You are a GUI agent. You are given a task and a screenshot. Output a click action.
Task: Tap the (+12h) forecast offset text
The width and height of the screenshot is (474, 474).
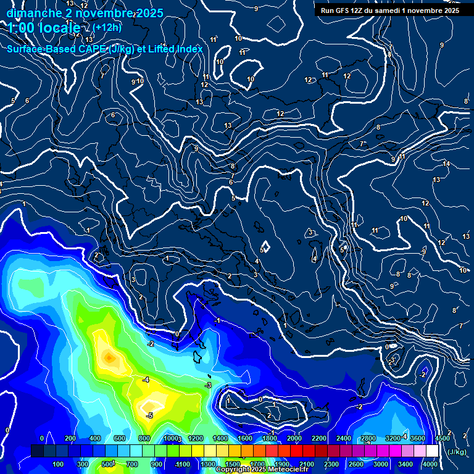click(107, 27)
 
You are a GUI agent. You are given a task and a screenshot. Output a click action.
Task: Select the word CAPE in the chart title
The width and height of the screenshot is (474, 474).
click(92, 49)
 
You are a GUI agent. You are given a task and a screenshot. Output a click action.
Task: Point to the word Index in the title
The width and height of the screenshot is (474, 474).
click(189, 49)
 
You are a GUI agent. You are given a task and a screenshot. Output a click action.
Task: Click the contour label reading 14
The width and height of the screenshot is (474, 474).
click(446, 164)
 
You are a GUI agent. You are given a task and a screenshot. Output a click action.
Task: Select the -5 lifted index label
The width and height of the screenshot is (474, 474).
click(149, 415)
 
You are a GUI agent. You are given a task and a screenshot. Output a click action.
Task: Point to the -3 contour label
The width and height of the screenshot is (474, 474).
click(208, 385)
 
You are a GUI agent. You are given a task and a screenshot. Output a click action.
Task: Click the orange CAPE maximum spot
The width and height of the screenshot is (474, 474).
click(109, 357)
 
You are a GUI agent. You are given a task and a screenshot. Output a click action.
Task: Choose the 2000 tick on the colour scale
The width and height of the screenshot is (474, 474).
click(294, 438)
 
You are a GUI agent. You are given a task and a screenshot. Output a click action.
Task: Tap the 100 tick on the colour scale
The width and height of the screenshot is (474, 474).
click(58, 464)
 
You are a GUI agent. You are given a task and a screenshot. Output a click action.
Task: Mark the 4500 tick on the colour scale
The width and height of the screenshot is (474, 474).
click(443, 438)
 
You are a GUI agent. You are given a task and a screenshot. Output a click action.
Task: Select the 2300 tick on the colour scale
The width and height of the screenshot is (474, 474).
click(331, 464)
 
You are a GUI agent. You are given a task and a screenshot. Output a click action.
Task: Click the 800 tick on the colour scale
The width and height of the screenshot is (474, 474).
click(145, 438)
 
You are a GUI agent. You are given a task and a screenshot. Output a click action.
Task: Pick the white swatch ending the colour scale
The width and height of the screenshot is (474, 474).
click(432, 451)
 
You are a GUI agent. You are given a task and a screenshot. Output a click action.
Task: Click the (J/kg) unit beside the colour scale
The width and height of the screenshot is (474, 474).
click(456, 452)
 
